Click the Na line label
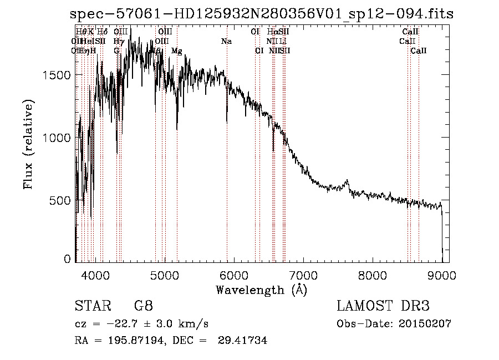226,42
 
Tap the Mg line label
176,51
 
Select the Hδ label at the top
103,32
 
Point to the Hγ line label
118,42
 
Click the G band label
116,51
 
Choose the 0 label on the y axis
67,259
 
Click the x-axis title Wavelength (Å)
261,290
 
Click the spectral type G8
143,306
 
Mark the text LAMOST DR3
383,306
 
